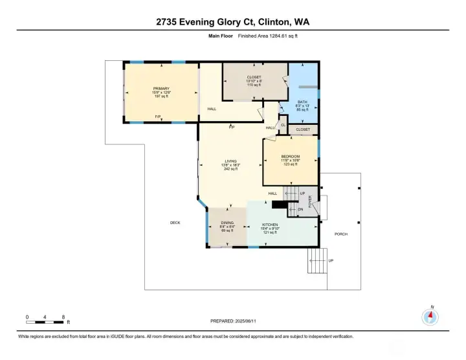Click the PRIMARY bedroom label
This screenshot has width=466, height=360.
(161, 88)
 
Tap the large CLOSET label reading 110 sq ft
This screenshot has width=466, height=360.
(254, 77)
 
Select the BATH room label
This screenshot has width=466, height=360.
(302, 102)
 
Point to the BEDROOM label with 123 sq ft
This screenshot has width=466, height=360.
(290, 157)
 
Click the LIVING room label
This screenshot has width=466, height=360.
(231, 161)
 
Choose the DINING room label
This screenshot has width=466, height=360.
(227, 224)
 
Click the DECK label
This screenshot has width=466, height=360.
(175, 222)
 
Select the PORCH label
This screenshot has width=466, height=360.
(340, 234)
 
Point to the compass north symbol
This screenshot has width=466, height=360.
(430, 316)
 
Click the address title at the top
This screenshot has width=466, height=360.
(233, 21)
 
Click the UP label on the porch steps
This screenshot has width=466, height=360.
(331, 260)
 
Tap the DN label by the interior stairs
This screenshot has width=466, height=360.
(300, 209)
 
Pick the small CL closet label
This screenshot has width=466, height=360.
(283, 125)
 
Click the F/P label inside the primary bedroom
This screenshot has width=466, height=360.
(157, 117)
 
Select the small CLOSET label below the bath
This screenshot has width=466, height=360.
(303, 129)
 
